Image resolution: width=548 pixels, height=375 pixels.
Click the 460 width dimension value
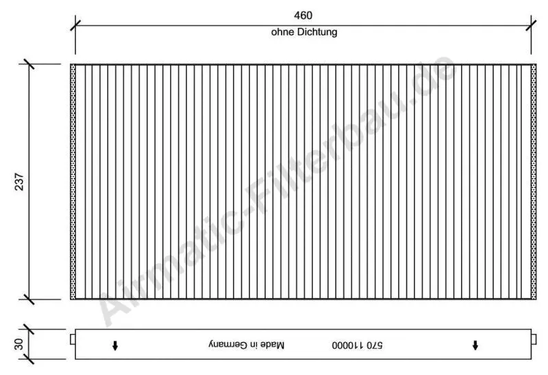(x=303, y=15)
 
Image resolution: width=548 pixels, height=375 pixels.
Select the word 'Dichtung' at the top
(x=318, y=32)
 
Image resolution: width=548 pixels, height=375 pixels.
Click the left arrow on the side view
(x=115, y=344)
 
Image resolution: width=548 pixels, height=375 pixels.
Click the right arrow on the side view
(x=475, y=344)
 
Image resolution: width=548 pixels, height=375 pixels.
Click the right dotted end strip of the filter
(x=534, y=182)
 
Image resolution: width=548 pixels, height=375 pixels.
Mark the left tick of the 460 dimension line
(x=75, y=25)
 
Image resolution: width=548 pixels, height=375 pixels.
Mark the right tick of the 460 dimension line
(x=532, y=25)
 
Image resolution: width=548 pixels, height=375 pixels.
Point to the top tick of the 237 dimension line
(x=28, y=64)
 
